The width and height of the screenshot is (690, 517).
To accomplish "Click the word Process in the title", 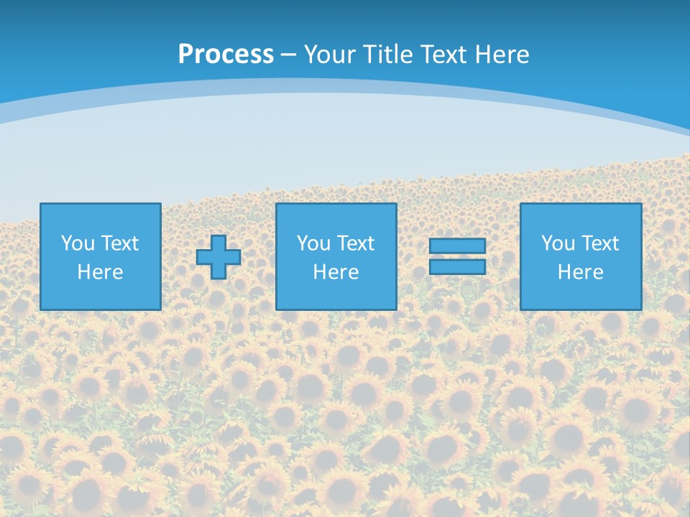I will click(226, 55).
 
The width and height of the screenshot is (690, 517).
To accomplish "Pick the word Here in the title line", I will click(501, 55).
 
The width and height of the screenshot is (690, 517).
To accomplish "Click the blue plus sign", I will click(218, 256).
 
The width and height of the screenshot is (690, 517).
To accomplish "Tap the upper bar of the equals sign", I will click(457, 246).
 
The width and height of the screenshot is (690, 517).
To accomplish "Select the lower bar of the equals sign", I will click(457, 266).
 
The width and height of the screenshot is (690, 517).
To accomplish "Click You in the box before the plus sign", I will click(78, 243).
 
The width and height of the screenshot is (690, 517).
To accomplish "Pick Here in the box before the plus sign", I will click(100, 272).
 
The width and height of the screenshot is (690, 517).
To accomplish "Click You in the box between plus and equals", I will click(313, 243).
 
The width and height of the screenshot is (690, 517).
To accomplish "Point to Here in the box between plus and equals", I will click(336, 272).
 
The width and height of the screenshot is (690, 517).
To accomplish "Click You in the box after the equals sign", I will click(558, 243).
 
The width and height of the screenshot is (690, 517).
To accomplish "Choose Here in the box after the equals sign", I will click(580, 272).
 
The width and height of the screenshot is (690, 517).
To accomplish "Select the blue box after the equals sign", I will click(581, 294).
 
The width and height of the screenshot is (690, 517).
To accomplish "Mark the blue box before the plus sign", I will click(100, 294).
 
